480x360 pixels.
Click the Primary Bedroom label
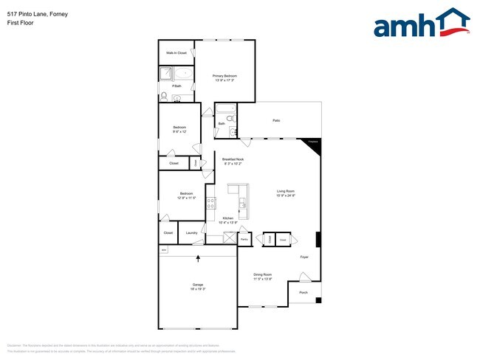pyautogui.click(x=224, y=75)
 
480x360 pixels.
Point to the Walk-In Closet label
pyautogui.click(x=176, y=53)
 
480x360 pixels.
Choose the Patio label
pyautogui.click(x=276, y=120)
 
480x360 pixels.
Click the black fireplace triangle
pyautogui.click(x=314, y=145)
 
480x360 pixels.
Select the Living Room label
pyautogui.click(x=286, y=192)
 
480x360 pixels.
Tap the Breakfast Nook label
pyautogui.click(x=233, y=159)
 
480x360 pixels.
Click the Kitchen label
pyautogui.click(x=229, y=218)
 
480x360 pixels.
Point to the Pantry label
pyautogui.click(x=244, y=240)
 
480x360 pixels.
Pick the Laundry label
pyautogui.click(x=191, y=233)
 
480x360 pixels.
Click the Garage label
pyautogui.click(x=198, y=284)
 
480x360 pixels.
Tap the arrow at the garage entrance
pyautogui.click(x=198, y=257)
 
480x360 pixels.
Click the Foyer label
pyautogui.click(x=304, y=257)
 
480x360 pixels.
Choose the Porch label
pyautogui.click(x=304, y=293)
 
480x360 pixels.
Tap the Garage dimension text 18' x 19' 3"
pyautogui.click(x=198, y=288)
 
